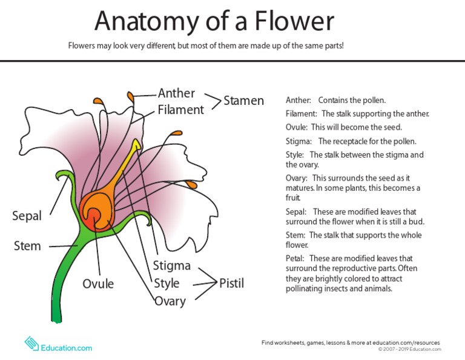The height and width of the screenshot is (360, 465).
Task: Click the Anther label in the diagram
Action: pyautogui.click(x=176, y=93)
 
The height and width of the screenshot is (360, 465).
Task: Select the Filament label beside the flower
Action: pyautogui.click(x=180, y=110)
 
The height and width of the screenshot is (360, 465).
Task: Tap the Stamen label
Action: pyautogui.click(x=243, y=101)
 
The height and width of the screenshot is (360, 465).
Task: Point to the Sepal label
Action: pyautogui.click(x=27, y=216)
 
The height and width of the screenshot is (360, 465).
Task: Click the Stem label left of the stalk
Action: pyautogui.click(x=27, y=246)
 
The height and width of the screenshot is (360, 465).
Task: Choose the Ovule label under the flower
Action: pyautogui.click(x=98, y=284)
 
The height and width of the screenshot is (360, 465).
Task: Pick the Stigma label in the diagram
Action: pyautogui.click(x=172, y=265)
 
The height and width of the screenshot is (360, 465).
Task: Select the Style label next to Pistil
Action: pyautogui.click(x=167, y=283)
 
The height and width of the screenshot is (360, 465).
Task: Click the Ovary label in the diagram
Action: pyautogui.click(x=170, y=301)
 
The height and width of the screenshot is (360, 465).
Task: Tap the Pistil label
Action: pyautogui.click(x=231, y=283)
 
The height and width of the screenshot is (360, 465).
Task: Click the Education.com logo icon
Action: pyautogui.click(x=31, y=344)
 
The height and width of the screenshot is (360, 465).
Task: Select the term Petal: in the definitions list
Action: pyautogui.click(x=295, y=258)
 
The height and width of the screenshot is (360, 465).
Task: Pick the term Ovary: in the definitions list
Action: pyautogui.click(x=296, y=178)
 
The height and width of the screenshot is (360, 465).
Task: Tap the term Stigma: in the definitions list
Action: pyautogui.click(x=298, y=141)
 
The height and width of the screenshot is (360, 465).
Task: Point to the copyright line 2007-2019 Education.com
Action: pyautogui.click(x=409, y=349)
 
